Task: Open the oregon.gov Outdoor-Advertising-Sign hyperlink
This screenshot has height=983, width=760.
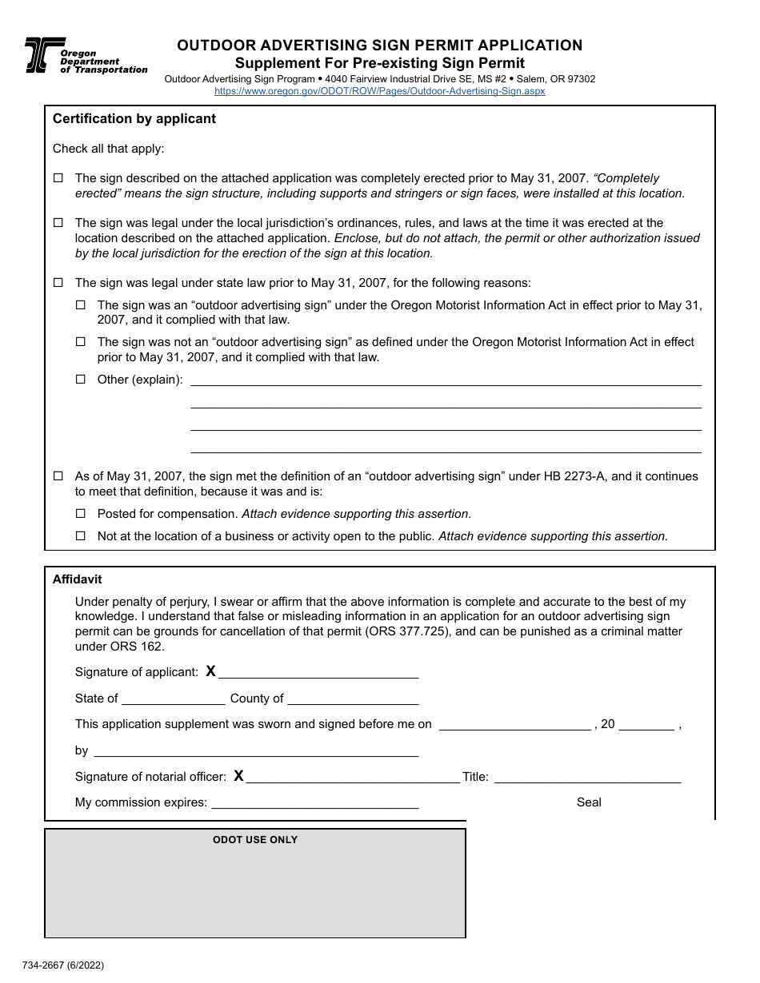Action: (x=379, y=91)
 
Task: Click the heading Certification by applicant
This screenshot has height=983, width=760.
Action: (x=134, y=119)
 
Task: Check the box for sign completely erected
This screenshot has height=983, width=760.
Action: (x=58, y=178)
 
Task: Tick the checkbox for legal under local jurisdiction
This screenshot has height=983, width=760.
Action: (x=58, y=223)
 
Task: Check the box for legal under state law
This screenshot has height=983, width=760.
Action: (x=58, y=283)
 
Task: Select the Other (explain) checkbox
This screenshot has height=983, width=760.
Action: (x=80, y=380)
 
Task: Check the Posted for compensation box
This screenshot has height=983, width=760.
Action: (x=80, y=514)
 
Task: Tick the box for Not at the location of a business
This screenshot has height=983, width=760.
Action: (x=80, y=536)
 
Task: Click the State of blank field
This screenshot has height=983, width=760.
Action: (x=173, y=698)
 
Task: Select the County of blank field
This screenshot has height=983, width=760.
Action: (x=353, y=698)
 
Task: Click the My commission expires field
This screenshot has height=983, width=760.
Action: (x=314, y=802)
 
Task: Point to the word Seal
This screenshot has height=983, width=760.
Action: (x=589, y=802)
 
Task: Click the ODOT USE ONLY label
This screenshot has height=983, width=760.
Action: (x=255, y=840)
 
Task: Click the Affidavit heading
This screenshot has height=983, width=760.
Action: (x=78, y=579)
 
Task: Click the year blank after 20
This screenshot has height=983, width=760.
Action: (x=646, y=724)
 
